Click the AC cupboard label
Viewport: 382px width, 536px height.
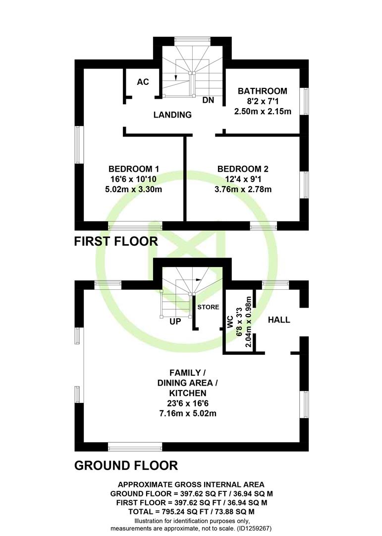(143, 82)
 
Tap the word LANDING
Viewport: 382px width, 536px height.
(172, 115)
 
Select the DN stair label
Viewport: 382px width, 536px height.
(208, 100)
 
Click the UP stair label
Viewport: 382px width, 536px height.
(175, 322)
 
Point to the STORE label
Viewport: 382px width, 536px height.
(208, 307)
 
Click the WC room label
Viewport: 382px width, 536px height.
(230, 322)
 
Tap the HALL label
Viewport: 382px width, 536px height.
(279, 320)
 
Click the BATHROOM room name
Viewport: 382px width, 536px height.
(263, 91)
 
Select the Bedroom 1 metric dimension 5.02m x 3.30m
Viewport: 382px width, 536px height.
(133, 189)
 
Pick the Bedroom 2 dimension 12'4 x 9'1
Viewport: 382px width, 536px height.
(243, 179)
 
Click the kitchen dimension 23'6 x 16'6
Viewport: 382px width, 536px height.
(188, 403)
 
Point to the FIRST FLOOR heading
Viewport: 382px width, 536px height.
(116, 241)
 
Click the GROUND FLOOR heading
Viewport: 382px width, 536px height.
(126, 466)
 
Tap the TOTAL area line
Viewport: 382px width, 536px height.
(192, 512)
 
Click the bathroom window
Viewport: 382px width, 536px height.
(305, 102)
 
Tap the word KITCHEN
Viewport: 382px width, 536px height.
(188, 393)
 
